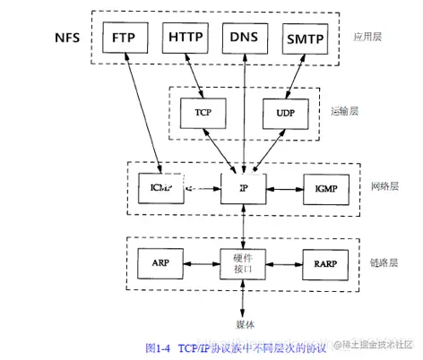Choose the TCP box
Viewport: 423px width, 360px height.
coord(203,112)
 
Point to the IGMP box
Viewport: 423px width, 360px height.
coord(324,189)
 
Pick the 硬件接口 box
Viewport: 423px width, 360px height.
coord(244,261)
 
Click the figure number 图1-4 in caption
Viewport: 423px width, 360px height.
coord(160,346)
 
